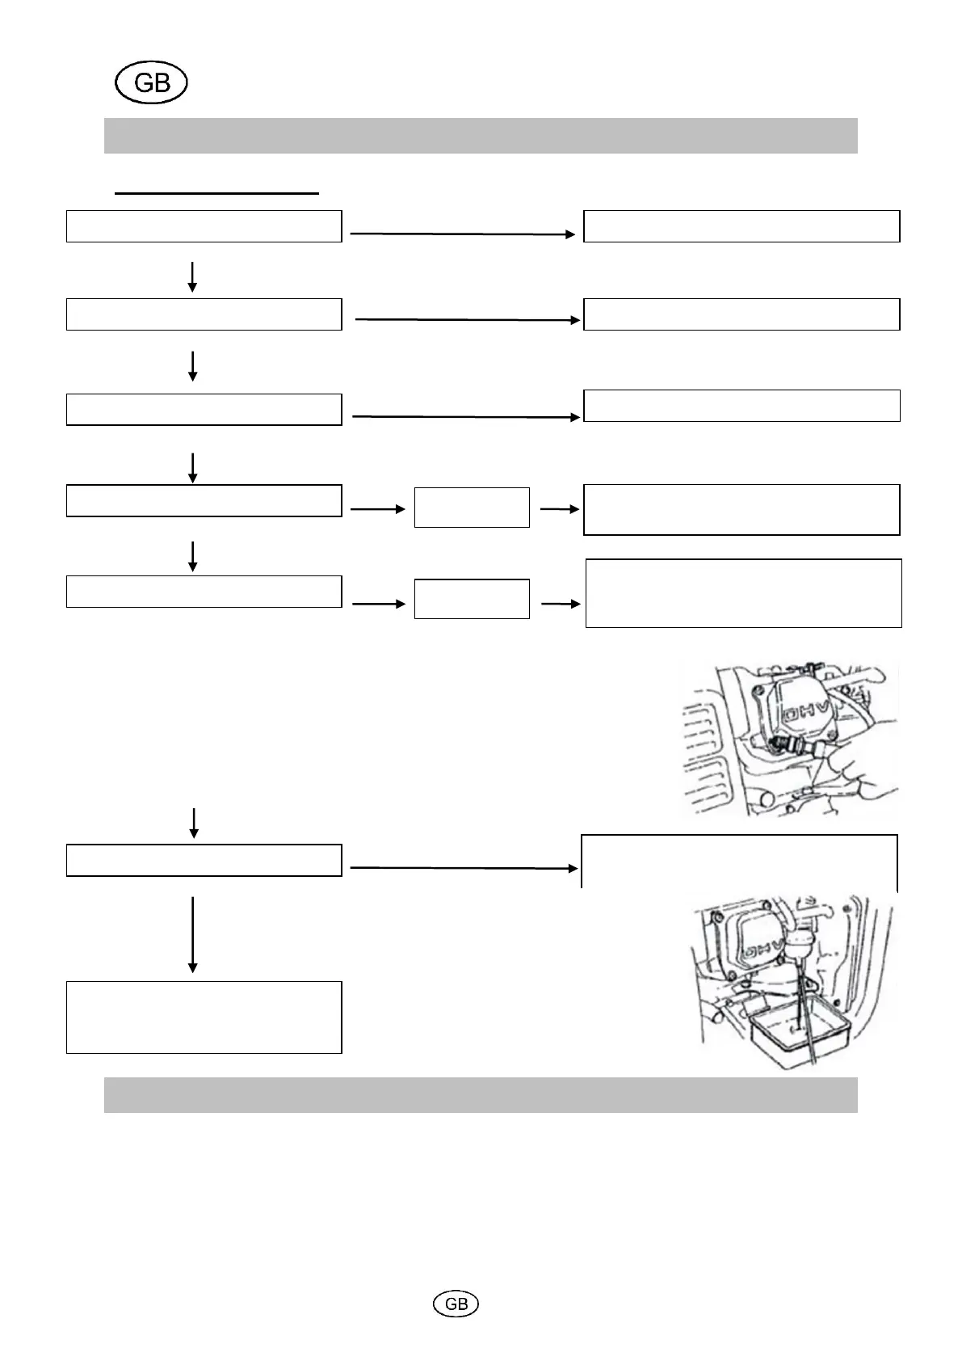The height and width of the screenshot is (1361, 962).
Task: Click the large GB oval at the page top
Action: (151, 83)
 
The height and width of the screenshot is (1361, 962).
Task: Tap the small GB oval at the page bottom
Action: (456, 1304)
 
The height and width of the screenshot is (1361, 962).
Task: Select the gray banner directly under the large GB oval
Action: (481, 136)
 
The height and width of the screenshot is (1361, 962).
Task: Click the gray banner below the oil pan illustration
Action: (481, 1094)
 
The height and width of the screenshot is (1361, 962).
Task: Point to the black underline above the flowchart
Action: (216, 194)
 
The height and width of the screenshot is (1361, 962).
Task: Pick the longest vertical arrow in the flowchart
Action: (192, 933)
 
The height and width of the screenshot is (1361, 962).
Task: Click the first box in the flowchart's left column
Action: (204, 226)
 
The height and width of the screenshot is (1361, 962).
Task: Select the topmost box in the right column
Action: (741, 226)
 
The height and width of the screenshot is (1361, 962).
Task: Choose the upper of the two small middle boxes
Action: (472, 508)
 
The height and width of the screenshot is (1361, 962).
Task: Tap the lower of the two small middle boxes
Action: (472, 599)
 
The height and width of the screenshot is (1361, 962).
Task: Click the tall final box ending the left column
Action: (204, 1017)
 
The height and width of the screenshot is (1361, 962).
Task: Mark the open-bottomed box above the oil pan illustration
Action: (739, 862)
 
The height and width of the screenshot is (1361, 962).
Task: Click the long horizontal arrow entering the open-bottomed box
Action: (464, 868)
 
